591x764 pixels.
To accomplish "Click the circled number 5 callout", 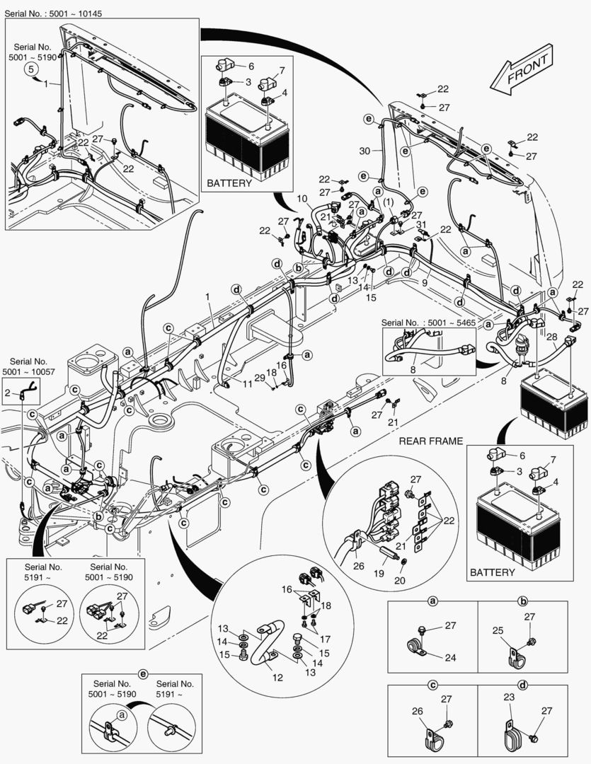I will click(x=31, y=69).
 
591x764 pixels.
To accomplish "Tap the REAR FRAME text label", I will click(x=431, y=441).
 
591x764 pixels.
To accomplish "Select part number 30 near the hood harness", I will click(x=365, y=151).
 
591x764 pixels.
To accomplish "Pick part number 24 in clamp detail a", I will click(x=450, y=657).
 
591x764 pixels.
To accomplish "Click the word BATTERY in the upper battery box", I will click(x=229, y=183).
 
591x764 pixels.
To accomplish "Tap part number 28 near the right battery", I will click(x=551, y=338).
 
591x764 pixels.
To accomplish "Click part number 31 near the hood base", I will click(x=423, y=225).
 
